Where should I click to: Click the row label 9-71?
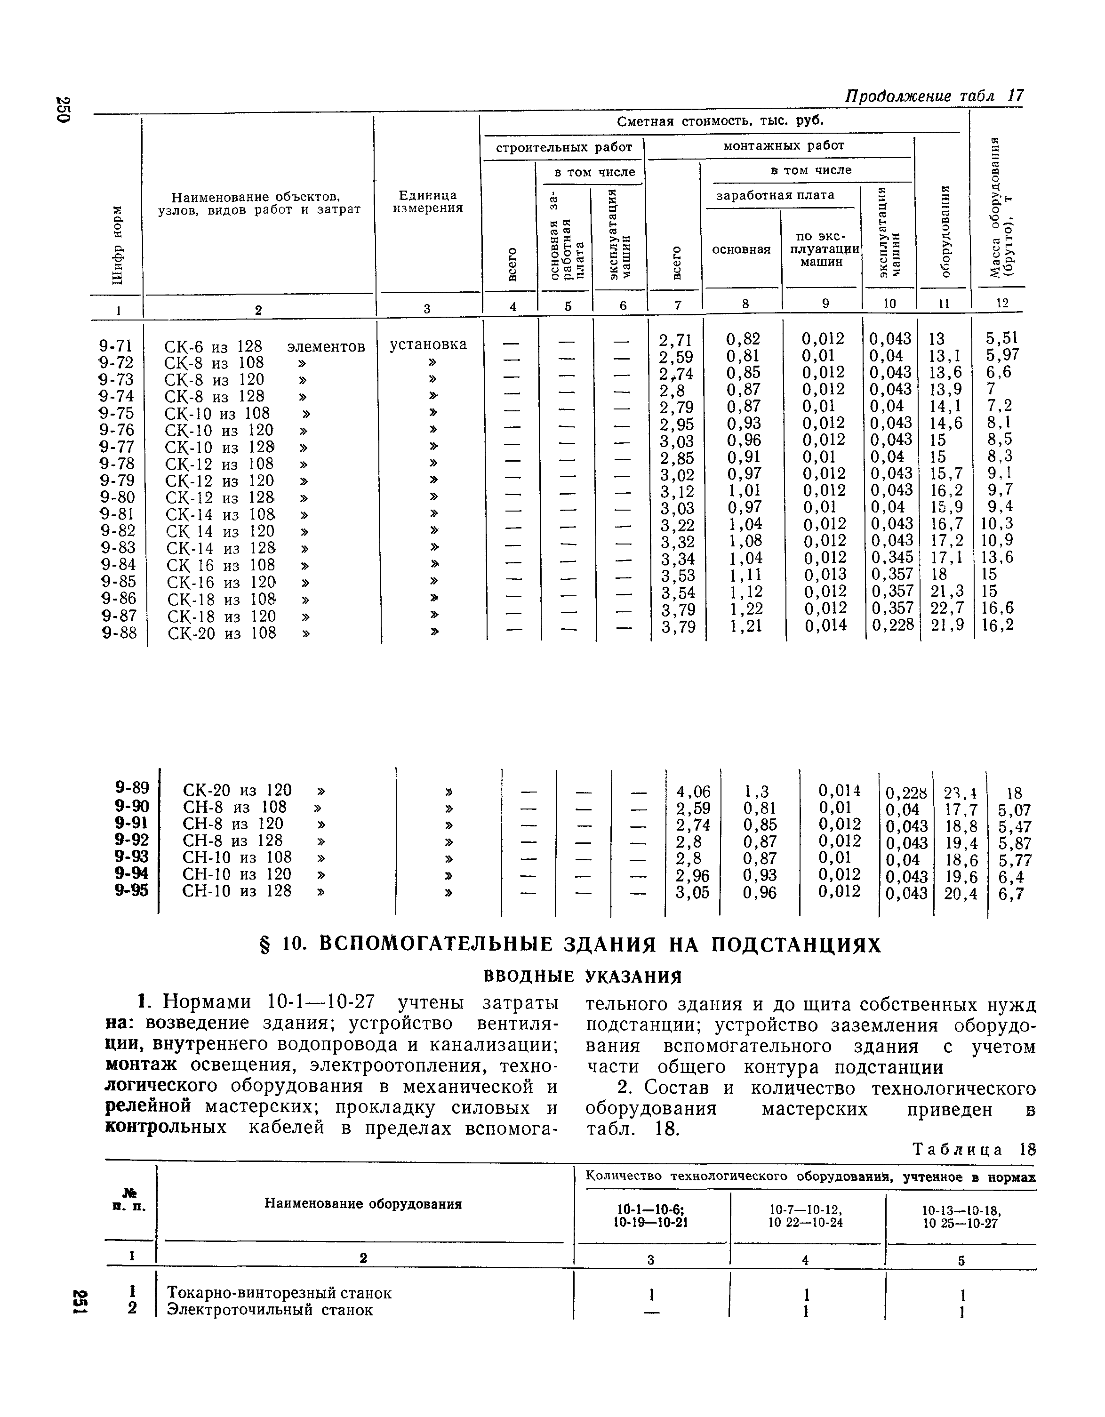[x=118, y=346]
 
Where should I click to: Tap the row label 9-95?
[x=132, y=891]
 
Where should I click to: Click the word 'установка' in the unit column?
[x=428, y=344]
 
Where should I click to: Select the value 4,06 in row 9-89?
[x=693, y=792]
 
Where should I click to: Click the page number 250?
[x=63, y=110]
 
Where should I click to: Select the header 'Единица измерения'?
[x=428, y=202]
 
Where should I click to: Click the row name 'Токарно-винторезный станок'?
[x=280, y=1293]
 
